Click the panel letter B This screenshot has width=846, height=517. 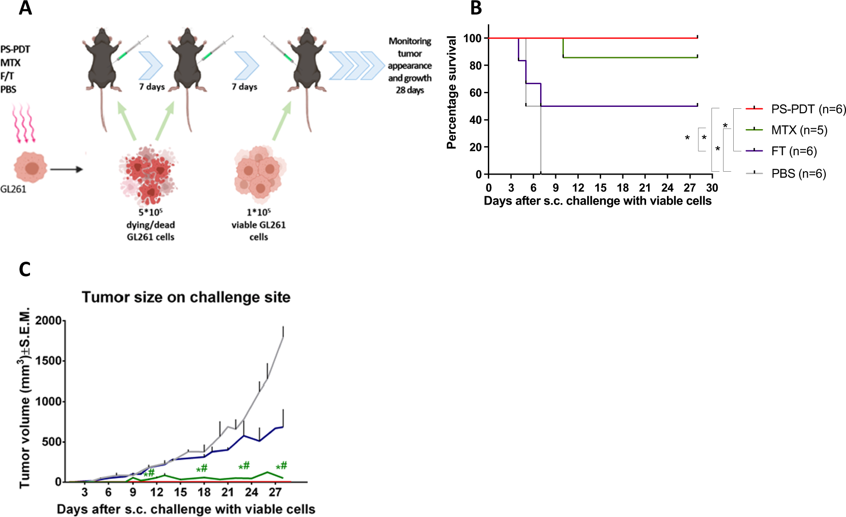pos(476,8)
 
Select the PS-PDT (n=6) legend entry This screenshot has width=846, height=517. pos(808,109)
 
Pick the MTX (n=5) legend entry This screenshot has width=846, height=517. pos(799,130)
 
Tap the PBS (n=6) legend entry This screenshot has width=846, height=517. pos(798,174)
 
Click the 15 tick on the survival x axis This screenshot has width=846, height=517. pos(600,188)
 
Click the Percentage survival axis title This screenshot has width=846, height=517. pos(451,92)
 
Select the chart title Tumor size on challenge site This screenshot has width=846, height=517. pos(186,297)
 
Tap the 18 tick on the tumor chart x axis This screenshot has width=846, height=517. pos(204,492)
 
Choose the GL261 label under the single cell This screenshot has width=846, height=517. pos(13,189)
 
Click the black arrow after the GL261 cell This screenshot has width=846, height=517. pos(66,169)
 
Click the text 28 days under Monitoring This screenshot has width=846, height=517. pos(409,90)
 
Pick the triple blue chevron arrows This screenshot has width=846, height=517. pos(357,65)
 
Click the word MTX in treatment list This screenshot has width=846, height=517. pos(10,63)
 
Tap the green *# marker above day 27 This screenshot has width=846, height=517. pos(281,466)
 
